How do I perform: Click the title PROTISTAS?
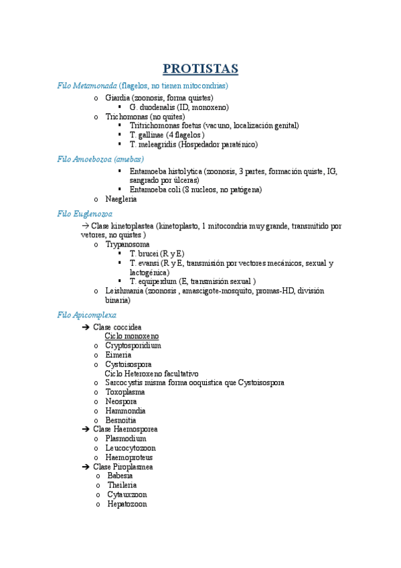coord(200,69)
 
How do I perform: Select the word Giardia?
coord(118,98)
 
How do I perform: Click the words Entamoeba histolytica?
coord(166,171)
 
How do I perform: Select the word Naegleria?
coord(121,199)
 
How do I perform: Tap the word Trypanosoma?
coord(127,245)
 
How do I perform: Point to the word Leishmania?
coord(125,291)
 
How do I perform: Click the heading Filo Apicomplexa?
coord(87,314)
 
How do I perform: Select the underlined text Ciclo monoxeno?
coord(132,336)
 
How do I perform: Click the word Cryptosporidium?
coord(133,346)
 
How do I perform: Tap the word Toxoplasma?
coord(125,392)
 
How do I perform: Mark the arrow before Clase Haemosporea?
coord(85,429)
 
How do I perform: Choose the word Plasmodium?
coord(125,438)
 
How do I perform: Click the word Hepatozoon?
coord(127,504)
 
